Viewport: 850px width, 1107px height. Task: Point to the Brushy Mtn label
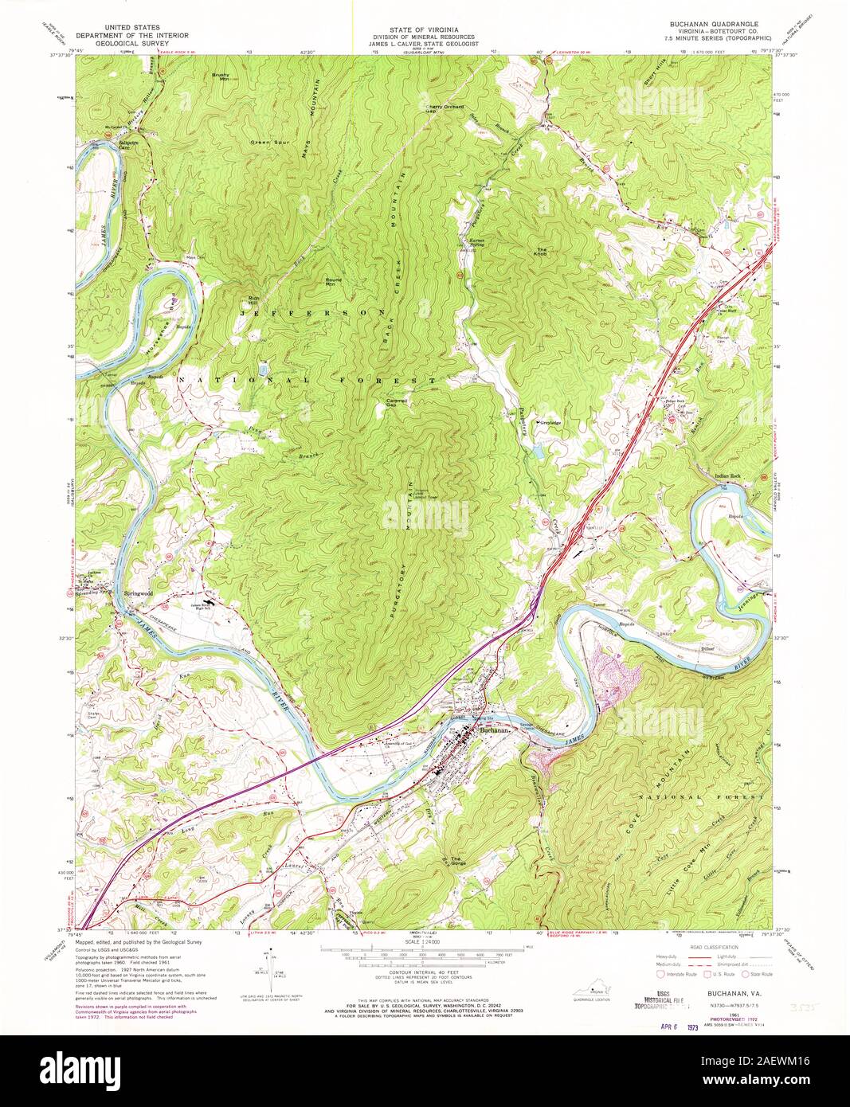[220, 78]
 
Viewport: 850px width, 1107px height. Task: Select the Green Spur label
[267, 143]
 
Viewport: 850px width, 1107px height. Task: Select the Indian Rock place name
[728, 476]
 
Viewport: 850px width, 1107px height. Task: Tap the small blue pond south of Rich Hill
[263, 369]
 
